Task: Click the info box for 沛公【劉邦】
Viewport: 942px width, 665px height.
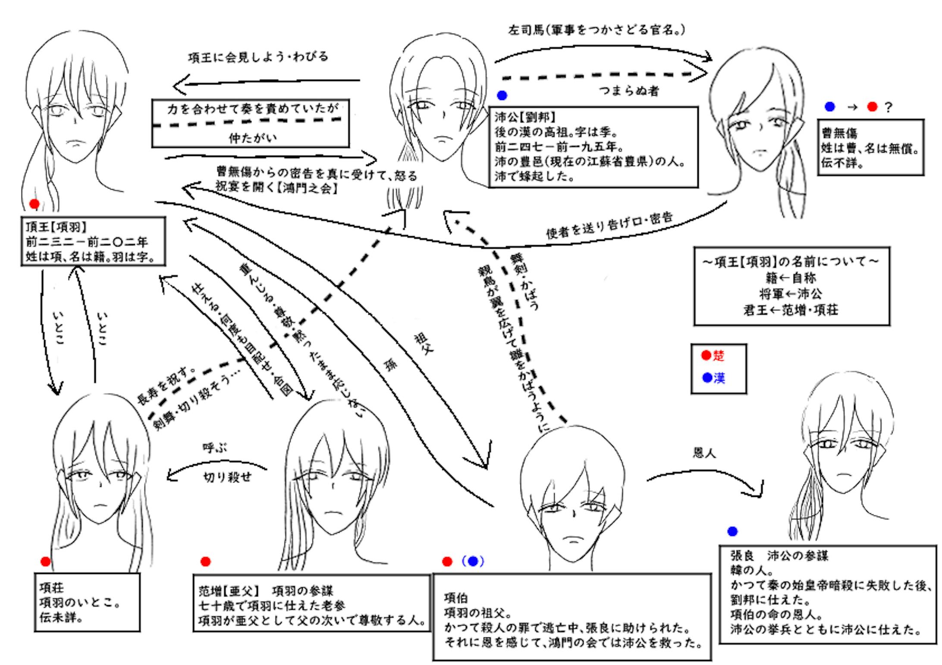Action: click(593, 147)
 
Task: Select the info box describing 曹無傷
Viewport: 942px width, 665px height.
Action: click(870, 147)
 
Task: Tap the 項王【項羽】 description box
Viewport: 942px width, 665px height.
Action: click(93, 241)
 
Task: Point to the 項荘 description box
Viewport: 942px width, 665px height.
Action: click(87, 602)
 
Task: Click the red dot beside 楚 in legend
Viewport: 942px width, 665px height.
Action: click(706, 355)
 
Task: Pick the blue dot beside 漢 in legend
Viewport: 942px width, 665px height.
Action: click(706, 378)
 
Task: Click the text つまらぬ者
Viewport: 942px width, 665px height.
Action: click(628, 91)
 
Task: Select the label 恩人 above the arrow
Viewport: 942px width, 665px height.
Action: click(704, 452)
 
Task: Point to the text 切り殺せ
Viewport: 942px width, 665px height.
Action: click(227, 478)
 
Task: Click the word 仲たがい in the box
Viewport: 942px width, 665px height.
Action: click(253, 138)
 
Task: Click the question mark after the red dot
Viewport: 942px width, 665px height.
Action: click(888, 107)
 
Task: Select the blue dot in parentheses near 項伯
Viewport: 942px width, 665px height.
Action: click(473, 561)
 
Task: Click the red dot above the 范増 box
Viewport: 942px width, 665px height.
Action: click(205, 561)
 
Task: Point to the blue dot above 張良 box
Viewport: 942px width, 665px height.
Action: click(732, 531)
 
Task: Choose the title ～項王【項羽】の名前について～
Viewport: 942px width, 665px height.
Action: click(791, 261)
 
